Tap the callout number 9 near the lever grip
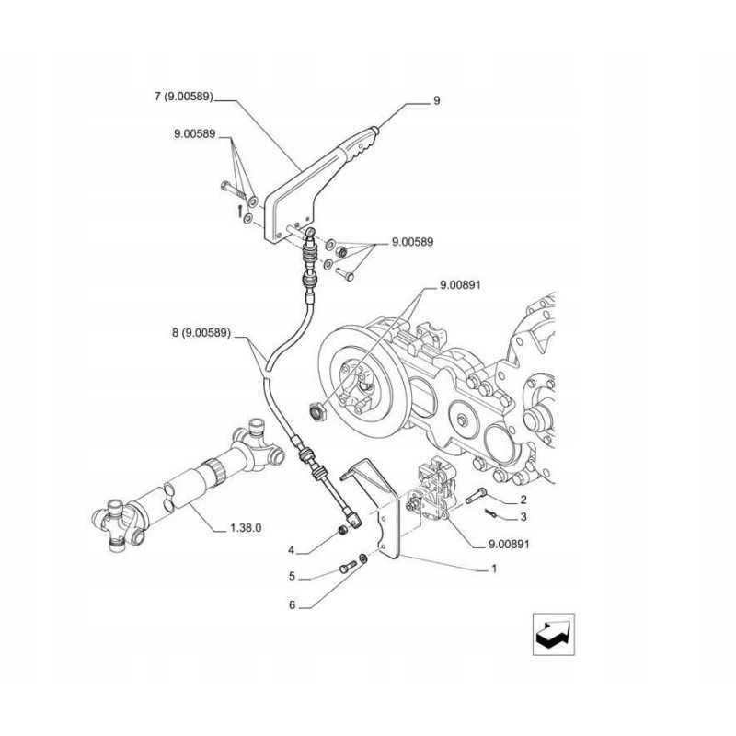[436, 100]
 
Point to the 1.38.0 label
[246, 529]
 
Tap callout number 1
[494, 568]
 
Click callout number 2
[523, 500]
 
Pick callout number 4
[292, 550]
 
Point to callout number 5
[292, 577]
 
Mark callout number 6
[292, 604]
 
